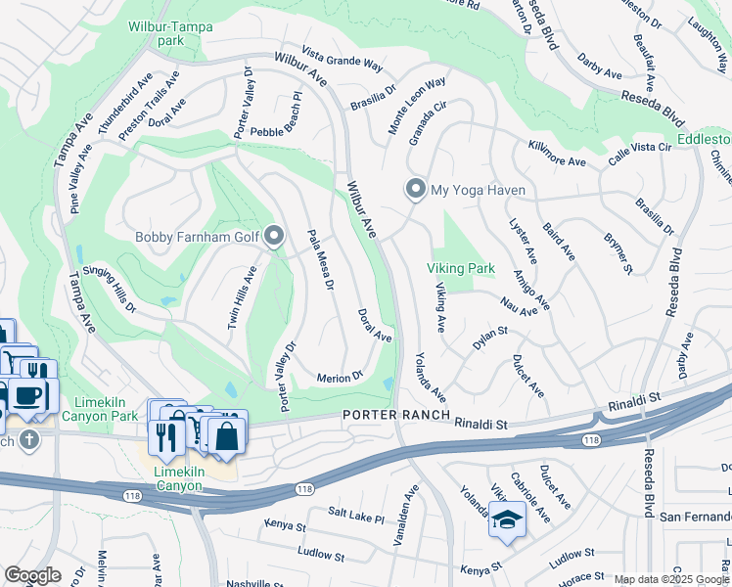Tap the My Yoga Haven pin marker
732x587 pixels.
pos(415,190)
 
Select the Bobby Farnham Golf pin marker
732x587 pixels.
pos(274,236)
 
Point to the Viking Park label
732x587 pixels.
pos(460,268)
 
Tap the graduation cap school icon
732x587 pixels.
pos(508,519)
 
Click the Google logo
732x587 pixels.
pos(31,575)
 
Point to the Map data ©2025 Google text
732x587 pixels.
pos(670,579)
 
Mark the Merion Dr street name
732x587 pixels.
pos(341,377)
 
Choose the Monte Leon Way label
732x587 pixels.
pos(416,106)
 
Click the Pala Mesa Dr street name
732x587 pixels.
pos(321,261)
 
